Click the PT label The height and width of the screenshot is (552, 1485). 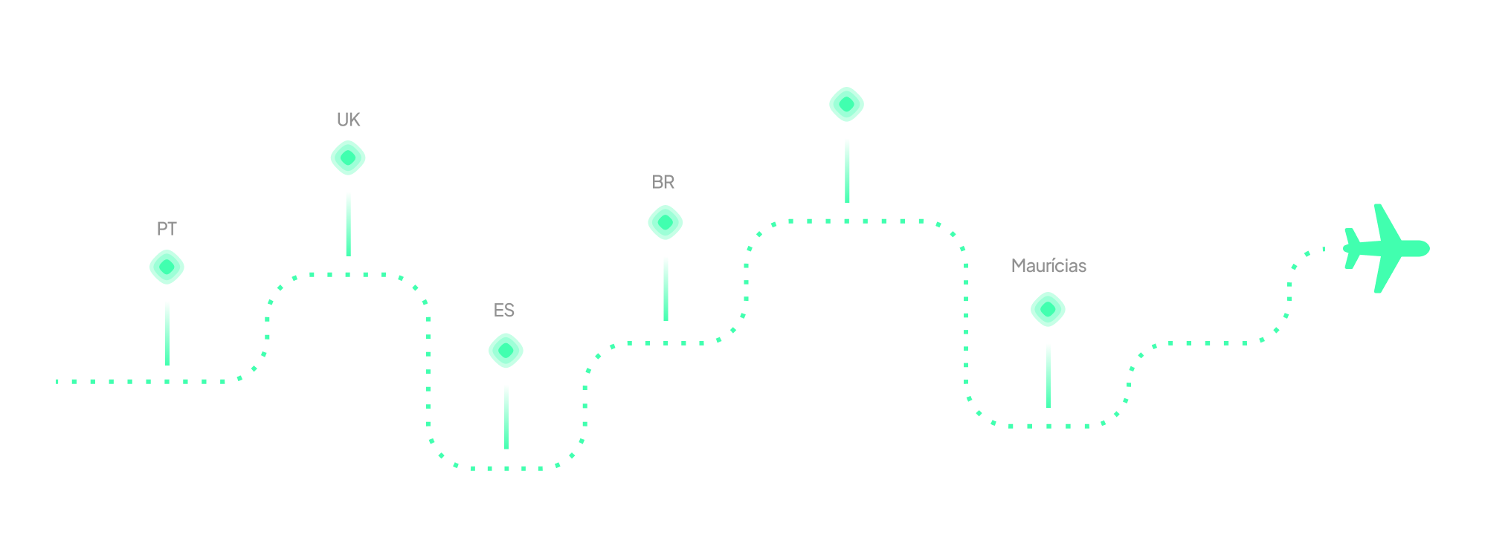click(x=167, y=229)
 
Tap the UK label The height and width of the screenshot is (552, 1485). click(x=348, y=120)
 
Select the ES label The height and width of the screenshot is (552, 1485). click(x=504, y=311)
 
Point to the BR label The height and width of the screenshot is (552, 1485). click(x=663, y=182)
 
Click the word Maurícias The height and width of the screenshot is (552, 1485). click(x=1048, y=266)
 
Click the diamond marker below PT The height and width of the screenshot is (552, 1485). click(x=167, y=267)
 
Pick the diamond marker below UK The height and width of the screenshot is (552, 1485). click(x=348, y=158)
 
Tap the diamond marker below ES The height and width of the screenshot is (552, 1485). click(x=506, y=351)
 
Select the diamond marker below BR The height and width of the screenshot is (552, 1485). click(x=666, y=223)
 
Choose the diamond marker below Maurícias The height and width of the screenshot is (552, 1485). click(x=1048, y=309)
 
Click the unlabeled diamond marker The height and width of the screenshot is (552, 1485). click(x=847, y=105)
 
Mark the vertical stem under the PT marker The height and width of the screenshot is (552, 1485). click(x=167, y=333)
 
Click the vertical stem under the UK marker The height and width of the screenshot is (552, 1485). click(x=348, y=224)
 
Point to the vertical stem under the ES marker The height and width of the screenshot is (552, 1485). click(x=506, y=417)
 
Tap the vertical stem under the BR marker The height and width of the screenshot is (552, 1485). click(x=666, y=288)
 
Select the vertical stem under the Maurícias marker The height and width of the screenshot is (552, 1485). click(x=1048, y=375)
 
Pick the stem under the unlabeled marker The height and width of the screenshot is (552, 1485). click(x=847, y=170)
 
